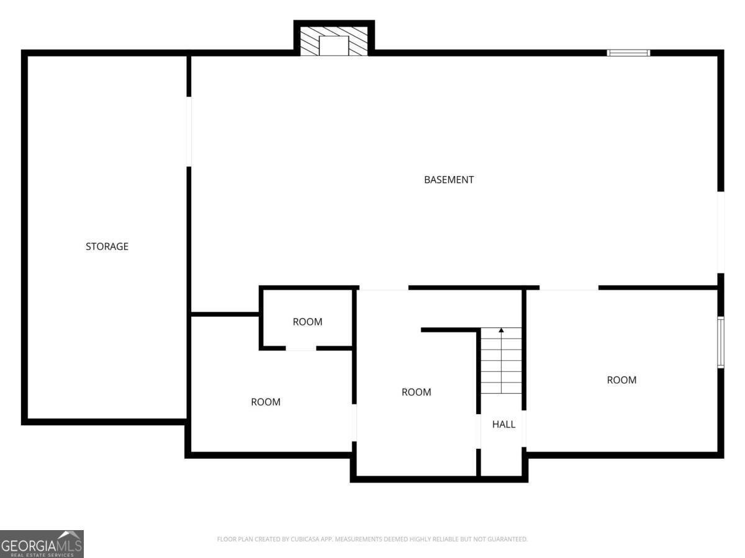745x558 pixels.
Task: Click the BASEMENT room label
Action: [449, 180]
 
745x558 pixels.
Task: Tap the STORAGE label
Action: [107, 246]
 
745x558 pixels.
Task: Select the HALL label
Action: [503, 424]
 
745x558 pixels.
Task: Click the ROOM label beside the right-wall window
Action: [621, 380]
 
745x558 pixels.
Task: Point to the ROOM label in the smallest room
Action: [307, 322]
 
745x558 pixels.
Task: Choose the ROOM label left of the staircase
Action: [416, 392]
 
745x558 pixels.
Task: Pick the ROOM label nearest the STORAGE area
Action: [266, 402]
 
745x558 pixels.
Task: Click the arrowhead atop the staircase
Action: [501, 330]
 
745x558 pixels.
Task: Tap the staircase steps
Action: [501, 360]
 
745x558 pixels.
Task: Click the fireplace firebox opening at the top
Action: [334, 45]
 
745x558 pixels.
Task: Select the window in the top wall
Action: [628, 53]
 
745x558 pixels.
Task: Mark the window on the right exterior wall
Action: [721, 342]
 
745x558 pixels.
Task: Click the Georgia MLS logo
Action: [42, 544]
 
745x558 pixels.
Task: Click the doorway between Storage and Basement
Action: [189, 131]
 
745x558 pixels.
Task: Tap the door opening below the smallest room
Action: [300, 348]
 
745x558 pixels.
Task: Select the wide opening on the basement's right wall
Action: [721, 232]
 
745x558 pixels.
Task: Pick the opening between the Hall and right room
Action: [524, 428]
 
